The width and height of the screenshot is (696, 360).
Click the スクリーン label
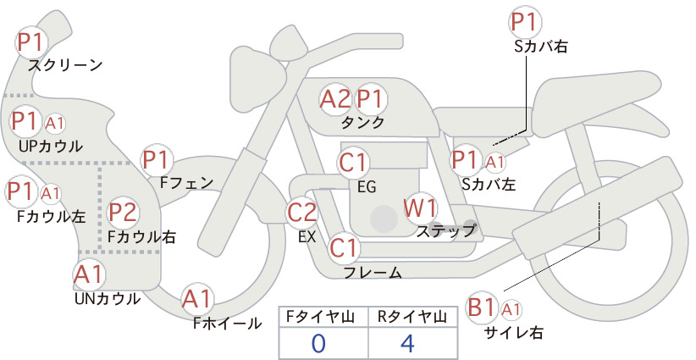coord(65,65)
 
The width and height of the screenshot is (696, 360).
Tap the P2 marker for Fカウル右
coord(123,212)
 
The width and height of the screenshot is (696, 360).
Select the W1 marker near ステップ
coord(420,208)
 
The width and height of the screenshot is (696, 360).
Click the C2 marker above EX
coord(302,212)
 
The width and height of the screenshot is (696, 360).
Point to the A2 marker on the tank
coord(335,98)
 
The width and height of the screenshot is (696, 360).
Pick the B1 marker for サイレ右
coord(482,307)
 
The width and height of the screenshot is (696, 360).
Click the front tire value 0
coord(318,344)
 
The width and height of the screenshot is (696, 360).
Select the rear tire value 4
coord(407,344)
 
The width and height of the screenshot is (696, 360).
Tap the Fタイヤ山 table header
coord(320,317)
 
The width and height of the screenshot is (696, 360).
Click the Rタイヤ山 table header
coord(412,317)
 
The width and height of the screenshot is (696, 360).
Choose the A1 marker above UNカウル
coord(89,274)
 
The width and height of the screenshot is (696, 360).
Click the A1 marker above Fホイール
coord(196,298)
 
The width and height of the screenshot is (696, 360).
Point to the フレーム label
coord(373,273)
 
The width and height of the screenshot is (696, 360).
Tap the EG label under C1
coord(367,187)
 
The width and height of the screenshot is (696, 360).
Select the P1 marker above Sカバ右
coord(526,22)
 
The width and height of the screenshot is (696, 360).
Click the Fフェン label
coord(186,182)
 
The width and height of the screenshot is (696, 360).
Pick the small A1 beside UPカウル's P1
coord(54,124)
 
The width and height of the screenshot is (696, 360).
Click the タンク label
coord(362,123)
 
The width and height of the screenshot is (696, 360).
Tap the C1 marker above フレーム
coord(344,247)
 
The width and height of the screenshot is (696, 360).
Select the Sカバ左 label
coord(489,184)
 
